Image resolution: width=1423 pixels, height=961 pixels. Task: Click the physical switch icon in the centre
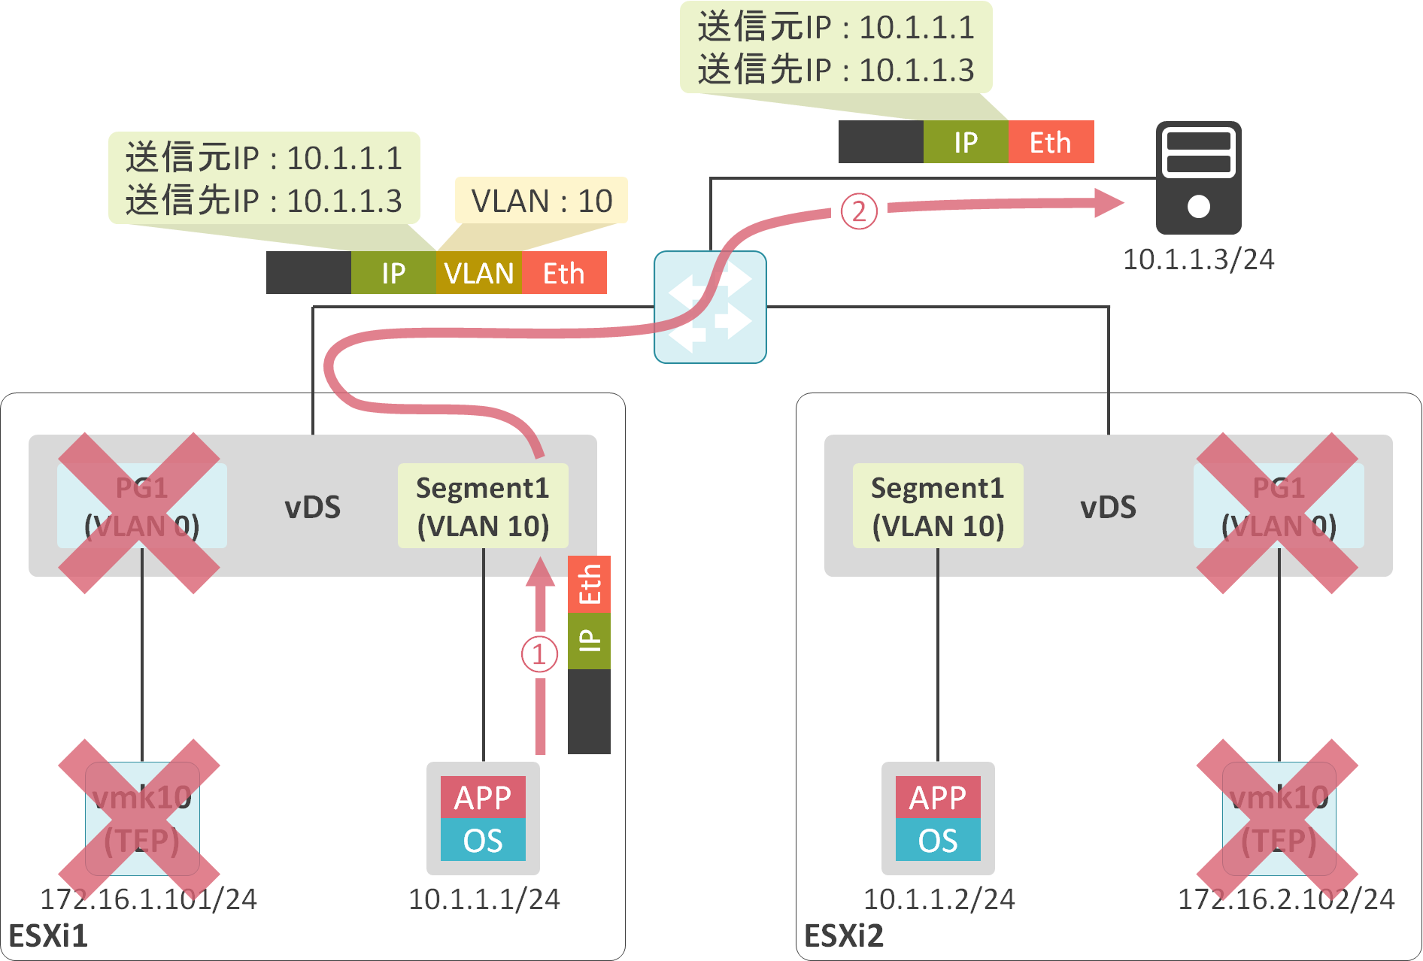pos(710,307)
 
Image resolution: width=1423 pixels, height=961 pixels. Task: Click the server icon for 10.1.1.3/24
pos(1198,178)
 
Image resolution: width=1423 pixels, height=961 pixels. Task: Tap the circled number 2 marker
pos(859,211)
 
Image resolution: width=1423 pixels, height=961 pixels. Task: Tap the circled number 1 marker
pos(539,654)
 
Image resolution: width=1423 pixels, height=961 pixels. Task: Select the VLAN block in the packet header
pos(478,273)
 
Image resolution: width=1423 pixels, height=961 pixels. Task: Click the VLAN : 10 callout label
pos(541,201)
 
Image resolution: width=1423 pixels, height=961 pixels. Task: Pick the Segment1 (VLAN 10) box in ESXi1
pos(483,506)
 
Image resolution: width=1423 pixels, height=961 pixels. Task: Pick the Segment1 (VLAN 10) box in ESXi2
pos(937,506)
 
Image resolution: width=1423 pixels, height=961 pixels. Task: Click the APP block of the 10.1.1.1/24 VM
pos(483,797)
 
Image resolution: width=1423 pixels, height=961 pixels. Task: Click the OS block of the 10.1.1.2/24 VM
pos(937,840)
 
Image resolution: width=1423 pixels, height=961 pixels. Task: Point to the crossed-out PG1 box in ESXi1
pos(141,506)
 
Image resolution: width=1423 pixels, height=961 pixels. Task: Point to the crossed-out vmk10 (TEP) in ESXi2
pos(1279,818)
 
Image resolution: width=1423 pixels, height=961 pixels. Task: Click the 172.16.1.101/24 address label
pos(148,899)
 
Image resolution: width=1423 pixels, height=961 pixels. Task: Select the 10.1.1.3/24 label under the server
pos(1198,259)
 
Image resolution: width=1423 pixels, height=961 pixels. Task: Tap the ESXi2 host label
pos(843,936)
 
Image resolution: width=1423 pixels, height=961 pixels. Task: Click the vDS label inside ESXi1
pos(312,507)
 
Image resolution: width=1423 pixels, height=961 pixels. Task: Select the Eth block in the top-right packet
pos(1050,142)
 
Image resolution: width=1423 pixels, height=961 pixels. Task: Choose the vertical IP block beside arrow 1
pos(589,641)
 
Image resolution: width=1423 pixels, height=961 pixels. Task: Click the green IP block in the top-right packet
pos(966,142)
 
